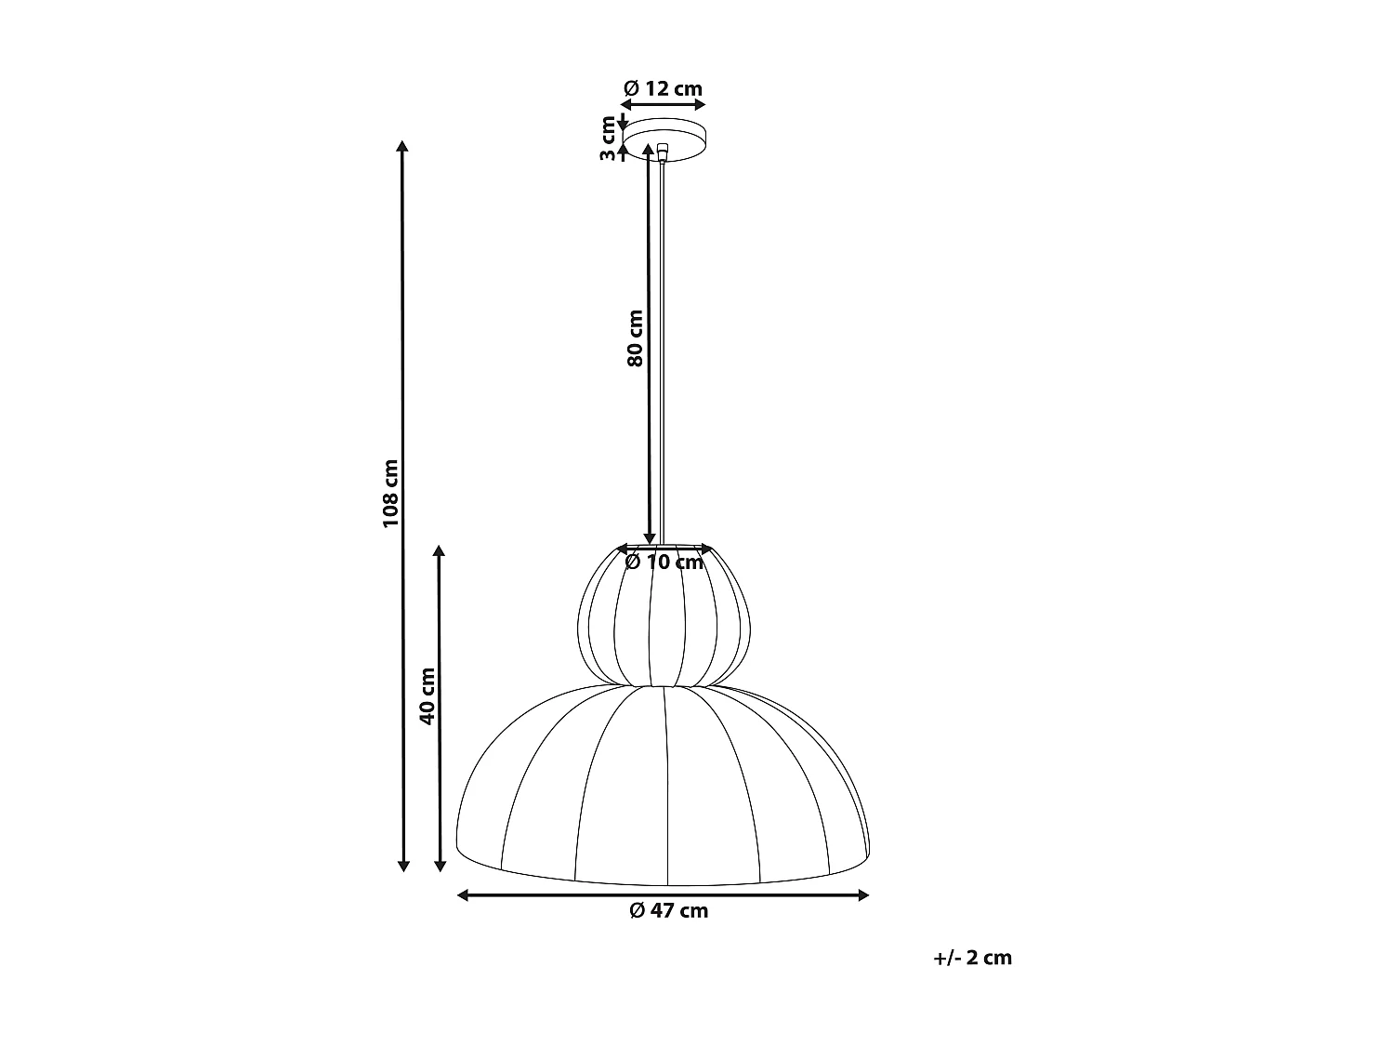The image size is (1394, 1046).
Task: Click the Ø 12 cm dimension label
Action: (663, 89)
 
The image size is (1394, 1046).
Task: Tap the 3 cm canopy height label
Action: (609, 139)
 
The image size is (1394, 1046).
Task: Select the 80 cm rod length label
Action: (635, 338)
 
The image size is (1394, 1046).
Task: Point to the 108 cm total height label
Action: (390, 494)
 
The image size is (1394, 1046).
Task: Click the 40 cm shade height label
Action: (427, 696)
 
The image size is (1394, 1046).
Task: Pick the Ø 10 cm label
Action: (664, 563)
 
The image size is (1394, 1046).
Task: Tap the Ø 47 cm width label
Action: (668, 911)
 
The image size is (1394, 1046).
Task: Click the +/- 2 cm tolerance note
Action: (972, 958)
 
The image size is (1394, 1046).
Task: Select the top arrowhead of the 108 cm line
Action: (402, 146)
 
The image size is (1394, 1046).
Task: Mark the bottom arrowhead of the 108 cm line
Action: (403, 867)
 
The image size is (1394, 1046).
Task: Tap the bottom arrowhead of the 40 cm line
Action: (441, 867)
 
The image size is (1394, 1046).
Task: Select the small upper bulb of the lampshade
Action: (664, 617)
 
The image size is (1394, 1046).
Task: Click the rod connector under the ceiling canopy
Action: (662, 152)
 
